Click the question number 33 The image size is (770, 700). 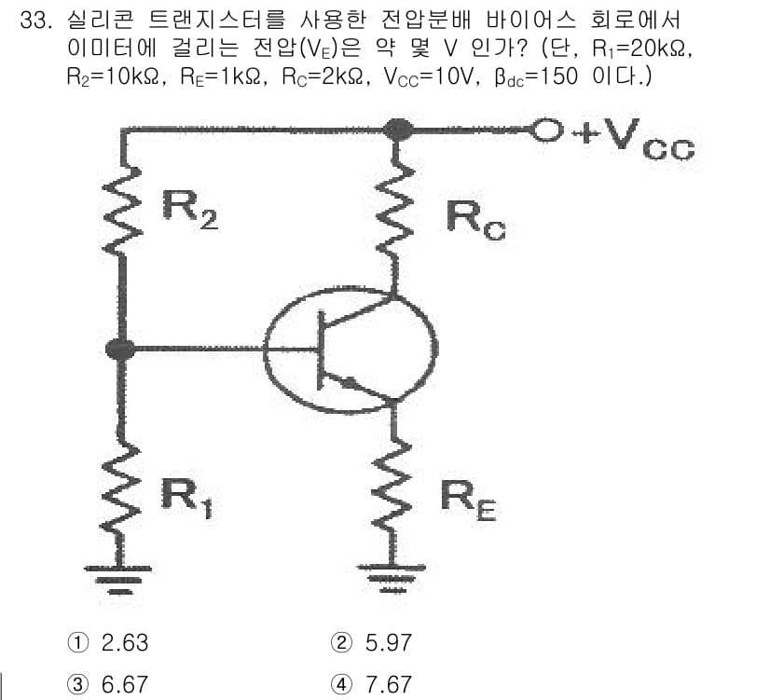[x=34, y=21]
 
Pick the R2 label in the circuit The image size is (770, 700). [x=189, y=210]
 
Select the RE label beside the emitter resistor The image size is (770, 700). [x=468, y=501]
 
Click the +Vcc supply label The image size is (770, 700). [x=634, y=139]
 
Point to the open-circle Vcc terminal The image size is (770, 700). [x=546, y=130]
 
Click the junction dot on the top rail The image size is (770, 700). [x=397, y=130]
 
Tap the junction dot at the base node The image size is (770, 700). [x=120, y=350]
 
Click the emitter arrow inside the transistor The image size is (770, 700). [x=350, y=383]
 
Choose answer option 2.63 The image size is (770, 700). [x=107, y=642]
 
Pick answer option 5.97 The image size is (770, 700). [x=371, y=642]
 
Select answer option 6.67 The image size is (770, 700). [x=107, y=684]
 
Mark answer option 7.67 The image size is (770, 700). [x=371, y=684]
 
